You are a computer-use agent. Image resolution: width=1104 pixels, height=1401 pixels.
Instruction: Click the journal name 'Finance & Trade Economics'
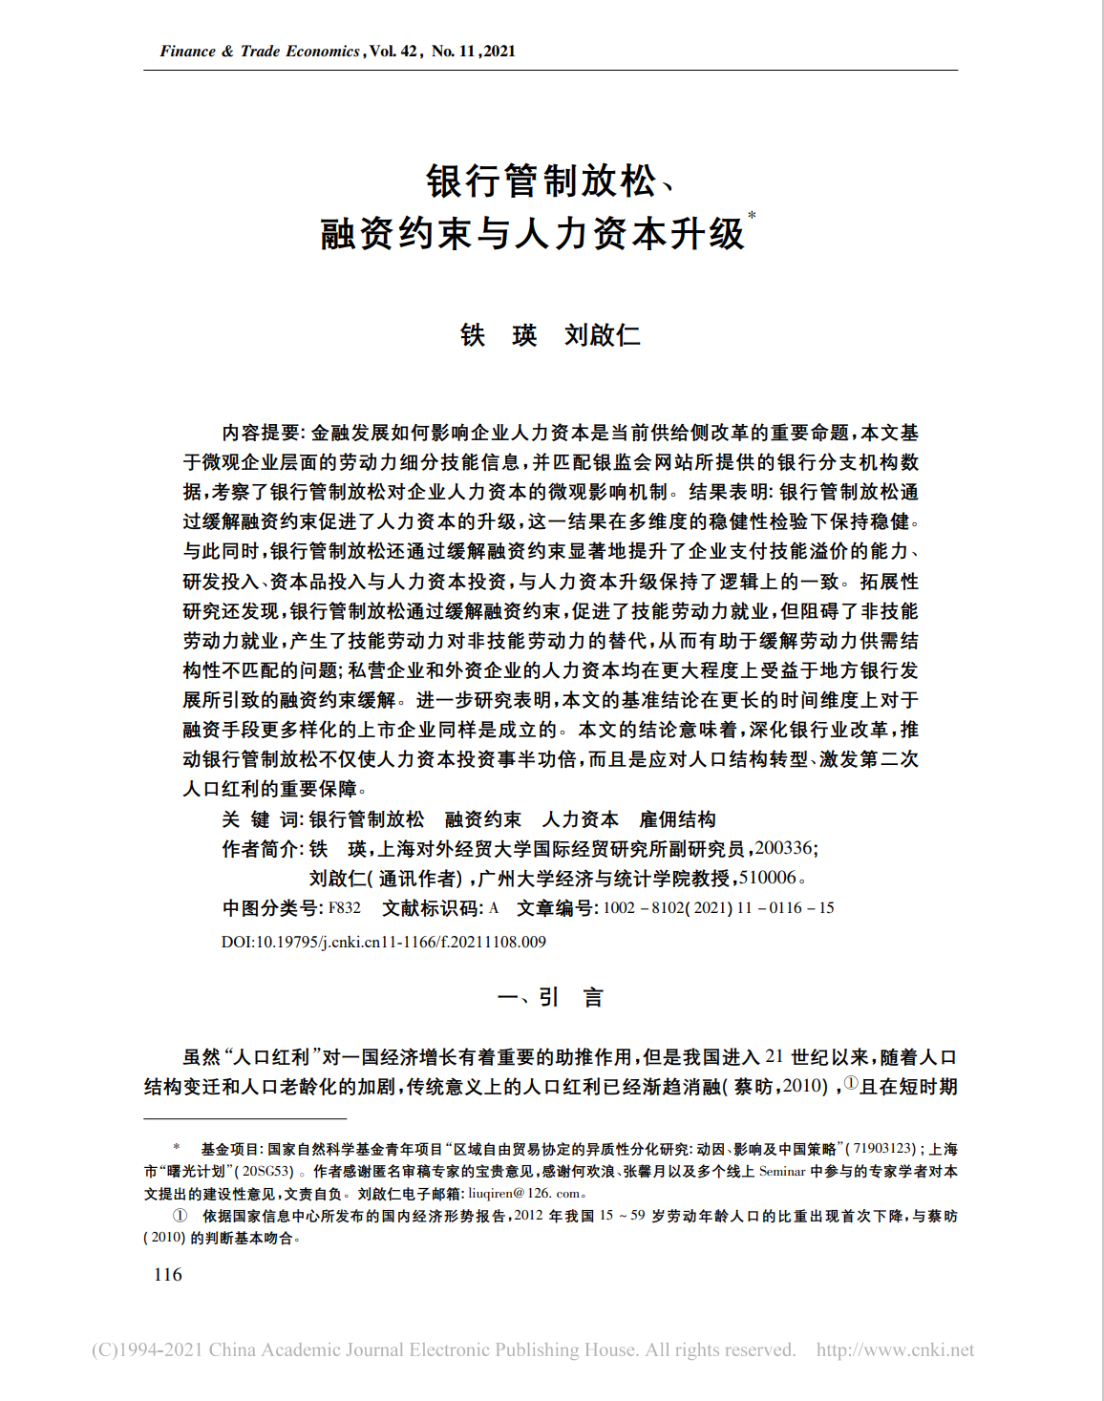(260, 52)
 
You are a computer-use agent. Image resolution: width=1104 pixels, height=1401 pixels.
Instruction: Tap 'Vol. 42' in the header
(393, 52)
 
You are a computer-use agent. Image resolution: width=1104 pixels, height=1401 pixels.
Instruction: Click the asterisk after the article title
(752, 216)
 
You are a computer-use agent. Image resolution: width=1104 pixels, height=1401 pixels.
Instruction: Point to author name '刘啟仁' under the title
(602, 335)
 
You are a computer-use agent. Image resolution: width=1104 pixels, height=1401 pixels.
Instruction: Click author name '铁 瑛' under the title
(499, 335)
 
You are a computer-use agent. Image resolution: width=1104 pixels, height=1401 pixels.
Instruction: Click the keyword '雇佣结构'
(677, 819)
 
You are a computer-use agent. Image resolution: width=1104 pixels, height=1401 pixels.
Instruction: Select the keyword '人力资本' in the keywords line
(580, 819)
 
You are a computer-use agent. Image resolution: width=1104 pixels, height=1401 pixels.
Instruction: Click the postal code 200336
(783, 848)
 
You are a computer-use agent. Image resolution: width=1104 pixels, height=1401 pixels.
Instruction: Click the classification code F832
(345, 908)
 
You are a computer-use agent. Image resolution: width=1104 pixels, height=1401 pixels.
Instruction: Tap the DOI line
(384, 942)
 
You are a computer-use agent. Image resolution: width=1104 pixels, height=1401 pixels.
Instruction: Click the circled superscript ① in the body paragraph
(851, 1083)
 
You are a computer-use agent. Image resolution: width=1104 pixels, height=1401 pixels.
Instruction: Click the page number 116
(167, 1275)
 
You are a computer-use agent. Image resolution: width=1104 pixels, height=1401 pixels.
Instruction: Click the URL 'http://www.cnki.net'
(895, 1350)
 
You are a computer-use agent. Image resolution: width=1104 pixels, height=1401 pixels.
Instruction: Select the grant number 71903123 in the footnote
(883, 1149)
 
